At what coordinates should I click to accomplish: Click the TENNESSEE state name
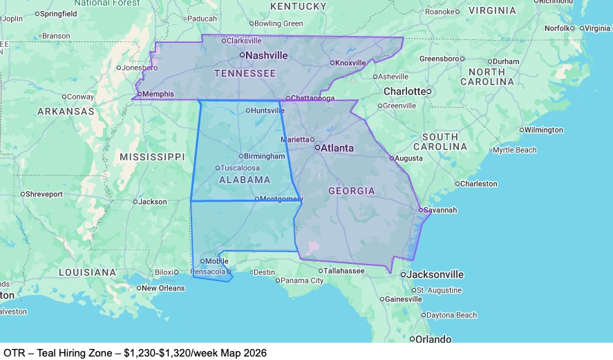[245, 73]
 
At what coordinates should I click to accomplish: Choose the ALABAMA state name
[245, 180]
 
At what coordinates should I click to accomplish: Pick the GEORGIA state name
[351, 191]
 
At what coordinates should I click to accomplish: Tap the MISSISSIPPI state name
[152, 157]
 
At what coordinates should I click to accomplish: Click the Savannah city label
[440, 210]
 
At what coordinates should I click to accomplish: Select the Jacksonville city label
[435, 274]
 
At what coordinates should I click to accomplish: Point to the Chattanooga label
[312, 98]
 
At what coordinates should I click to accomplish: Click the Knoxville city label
[351, 63]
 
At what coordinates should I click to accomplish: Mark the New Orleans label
[164, 288]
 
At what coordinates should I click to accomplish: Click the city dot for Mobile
[202, 261]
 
